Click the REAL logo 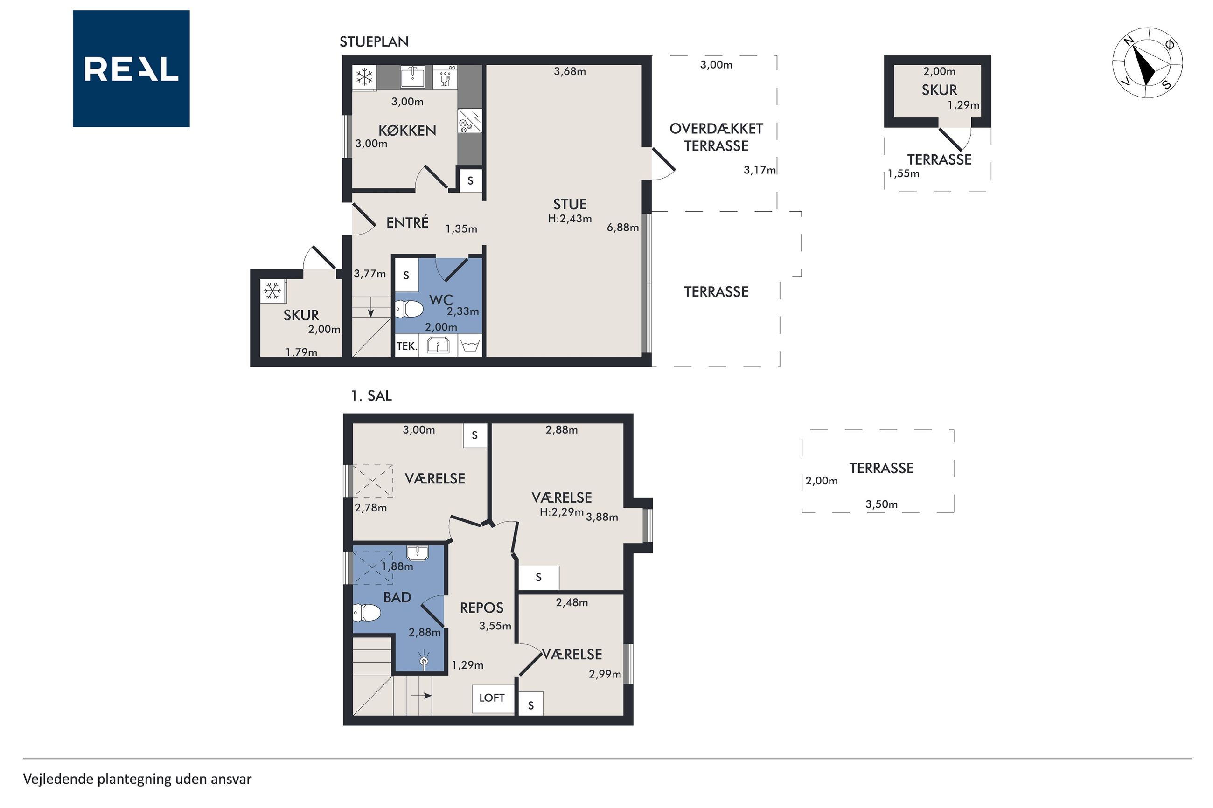point(131,69)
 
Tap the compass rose point(1147,63)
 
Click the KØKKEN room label point(407,131)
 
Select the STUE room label point(570,204)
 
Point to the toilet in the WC point(409,309)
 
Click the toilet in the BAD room point(367,613)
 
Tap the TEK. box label point(406,346)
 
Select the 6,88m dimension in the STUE point(623,227)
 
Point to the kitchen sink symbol point(412,77)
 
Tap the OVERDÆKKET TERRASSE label point(716,137)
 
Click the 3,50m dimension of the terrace point(882,504)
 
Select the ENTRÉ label point(407,222)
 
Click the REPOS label point(481,608)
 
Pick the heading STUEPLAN point(374,42)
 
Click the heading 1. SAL point(371,396)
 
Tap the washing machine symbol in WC point(470,346)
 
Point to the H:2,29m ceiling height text point(561,512)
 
